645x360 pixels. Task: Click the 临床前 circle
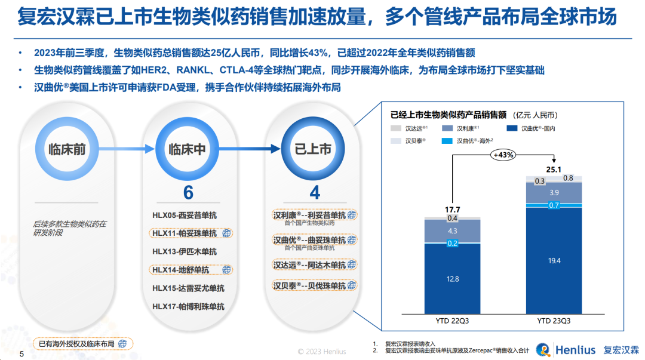(x=67, y=149)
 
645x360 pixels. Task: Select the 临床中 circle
(x=187, y=149)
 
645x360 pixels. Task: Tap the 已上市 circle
(x=313, y=149)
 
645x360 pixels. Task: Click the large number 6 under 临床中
(x=188, y=193)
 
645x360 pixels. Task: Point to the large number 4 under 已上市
(x=314, y=193)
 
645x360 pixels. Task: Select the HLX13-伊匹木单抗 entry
(x=184, y=251)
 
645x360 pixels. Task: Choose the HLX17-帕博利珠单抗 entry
(x=188, y=306)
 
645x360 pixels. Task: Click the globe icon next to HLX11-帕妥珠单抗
(x=226, y=233)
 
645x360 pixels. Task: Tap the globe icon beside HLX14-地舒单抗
(x=226, y=270)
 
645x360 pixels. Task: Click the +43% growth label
(x=503, y=154)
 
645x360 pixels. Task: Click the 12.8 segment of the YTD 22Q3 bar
(x=452, y=279)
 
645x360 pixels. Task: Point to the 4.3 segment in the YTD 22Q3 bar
(x=452, y=230)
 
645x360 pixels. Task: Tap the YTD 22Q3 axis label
(x=452, y=321)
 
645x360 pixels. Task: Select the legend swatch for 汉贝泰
(x=397, y=141)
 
